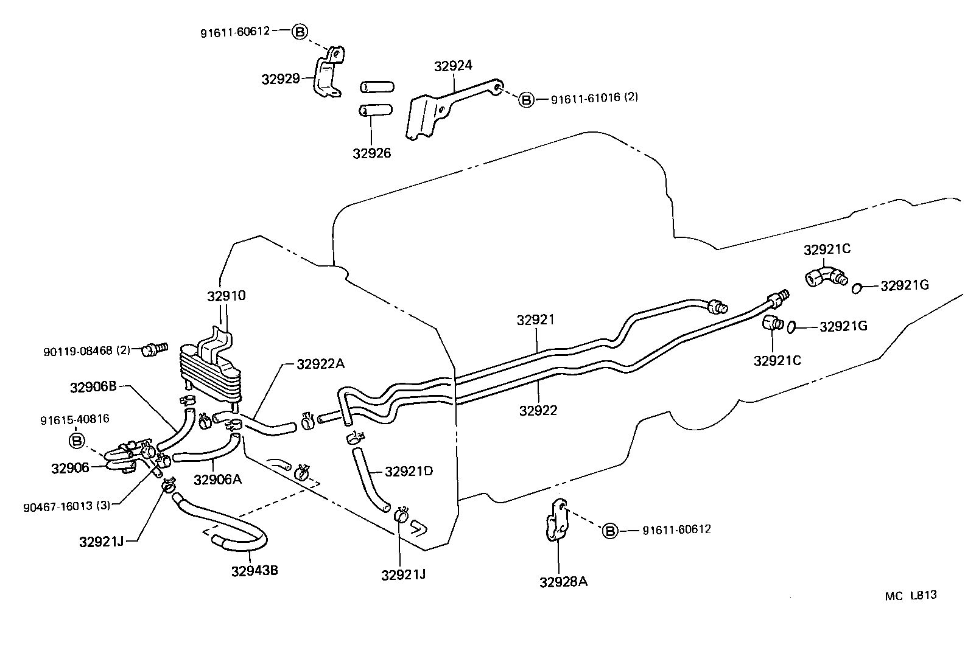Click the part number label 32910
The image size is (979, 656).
(x=226, y=296)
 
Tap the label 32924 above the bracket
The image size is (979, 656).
(x=453, y=66)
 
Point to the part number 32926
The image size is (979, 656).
(x=371, y=153)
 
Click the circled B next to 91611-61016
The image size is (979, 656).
(x=526, y=99)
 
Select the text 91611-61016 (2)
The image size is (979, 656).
(x=594, y=98)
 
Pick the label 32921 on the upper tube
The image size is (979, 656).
(x=536, y=320)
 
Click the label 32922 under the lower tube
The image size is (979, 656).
(x=538, y=411)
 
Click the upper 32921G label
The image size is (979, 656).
(x=904, y=285)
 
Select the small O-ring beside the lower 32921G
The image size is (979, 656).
(x=792, y=327)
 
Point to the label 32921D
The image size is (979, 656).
(x=409, y=471)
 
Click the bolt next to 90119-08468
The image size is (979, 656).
(x=153, y=349)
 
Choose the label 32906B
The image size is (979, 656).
(x=93, y=388)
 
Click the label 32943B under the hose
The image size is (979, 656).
(x=254, y=571)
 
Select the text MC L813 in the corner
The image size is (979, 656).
(x=911, y=595)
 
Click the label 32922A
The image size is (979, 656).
(x=321, y=364)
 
